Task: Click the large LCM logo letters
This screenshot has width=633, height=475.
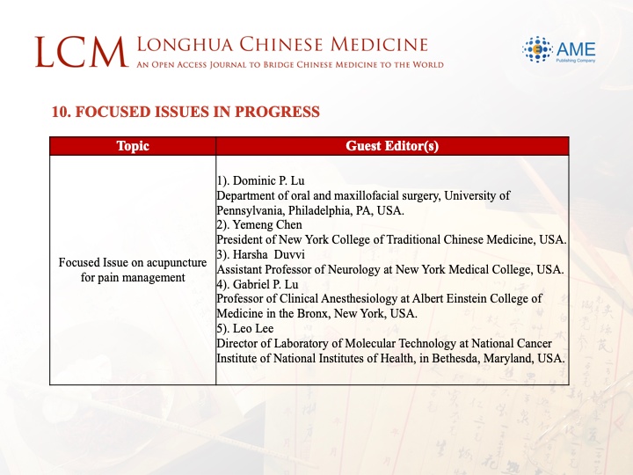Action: [x=82, y=52]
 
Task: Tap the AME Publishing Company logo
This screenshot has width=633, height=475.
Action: [x=559, y=49]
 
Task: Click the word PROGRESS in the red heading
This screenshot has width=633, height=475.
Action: [x=277, y=112]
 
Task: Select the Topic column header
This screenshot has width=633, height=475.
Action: [x=133, y=146]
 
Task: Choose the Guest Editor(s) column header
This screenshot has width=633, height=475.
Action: [x=392, y=146]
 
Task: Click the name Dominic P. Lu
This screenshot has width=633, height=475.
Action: [x=268, y=180]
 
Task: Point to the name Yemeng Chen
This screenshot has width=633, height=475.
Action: [x=267, y=224]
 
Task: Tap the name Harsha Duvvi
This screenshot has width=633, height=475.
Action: [x=269, y=254]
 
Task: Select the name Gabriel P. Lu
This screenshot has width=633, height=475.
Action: [x=266, y=284]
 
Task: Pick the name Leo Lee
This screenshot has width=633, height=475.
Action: [x=253, y=328]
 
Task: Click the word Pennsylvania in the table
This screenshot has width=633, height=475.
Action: [x=251, y=210]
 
